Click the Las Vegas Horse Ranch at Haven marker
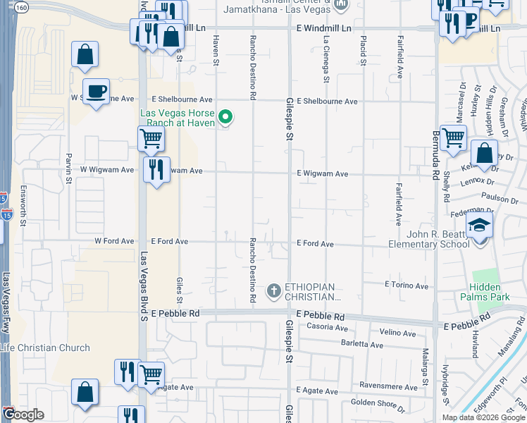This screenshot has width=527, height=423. pyautogui.click(x=225, y=118)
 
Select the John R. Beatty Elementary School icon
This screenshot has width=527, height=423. pyautogui.click(x=480, y=226)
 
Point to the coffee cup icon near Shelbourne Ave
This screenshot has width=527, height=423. pyautogui.click(x=96, y=91)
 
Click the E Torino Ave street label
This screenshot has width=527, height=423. pyautogui.click(x=407, y=286)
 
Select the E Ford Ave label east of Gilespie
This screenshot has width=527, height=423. pyautogui.click(x=315, y=243)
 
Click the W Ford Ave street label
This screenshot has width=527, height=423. pyautogui.click(x=114, y=241)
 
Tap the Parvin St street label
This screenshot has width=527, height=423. pyautogui.click(x=69, y=168)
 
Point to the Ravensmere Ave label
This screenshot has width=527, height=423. pyautogui.click(x=385, y=386)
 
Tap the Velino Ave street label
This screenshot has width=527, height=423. pyautogui.click(x=398, y=333)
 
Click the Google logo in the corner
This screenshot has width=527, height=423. pyautogui.click(x=23, y=415)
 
